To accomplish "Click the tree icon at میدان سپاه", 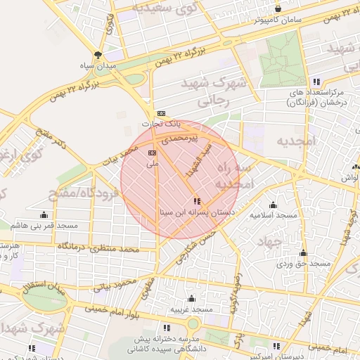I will click(x=98, y=54).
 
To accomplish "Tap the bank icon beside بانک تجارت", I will click(x=161, y=113).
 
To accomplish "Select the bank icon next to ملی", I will click(x=152, y=152).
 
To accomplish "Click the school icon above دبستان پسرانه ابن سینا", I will click(x=196, y=201).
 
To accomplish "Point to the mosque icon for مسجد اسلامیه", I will click(x=273, y=205).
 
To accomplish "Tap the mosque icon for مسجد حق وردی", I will click(x=303, y=253).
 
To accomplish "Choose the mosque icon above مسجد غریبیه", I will click(x=191, y=298).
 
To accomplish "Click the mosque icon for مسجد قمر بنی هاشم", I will click(x=44, y=215).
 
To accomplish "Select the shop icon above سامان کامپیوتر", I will click(x=278, y=9).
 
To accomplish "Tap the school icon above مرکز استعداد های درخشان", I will click(x=316, y=82).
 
